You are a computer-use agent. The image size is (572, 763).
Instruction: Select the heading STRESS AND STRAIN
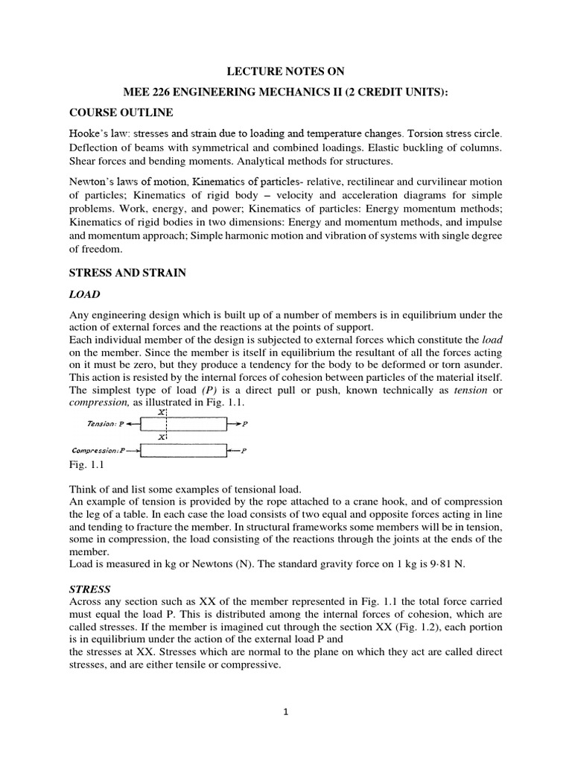tap(127, 273)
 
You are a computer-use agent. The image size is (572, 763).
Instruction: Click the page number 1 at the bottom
tap(286, 712)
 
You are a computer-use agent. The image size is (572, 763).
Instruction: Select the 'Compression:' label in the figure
tap(94, 451)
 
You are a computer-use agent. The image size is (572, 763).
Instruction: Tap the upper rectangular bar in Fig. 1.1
tap(184, 424)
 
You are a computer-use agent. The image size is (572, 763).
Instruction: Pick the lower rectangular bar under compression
tap(184, 451)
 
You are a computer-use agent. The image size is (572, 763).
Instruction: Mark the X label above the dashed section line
tap(162, 411)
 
